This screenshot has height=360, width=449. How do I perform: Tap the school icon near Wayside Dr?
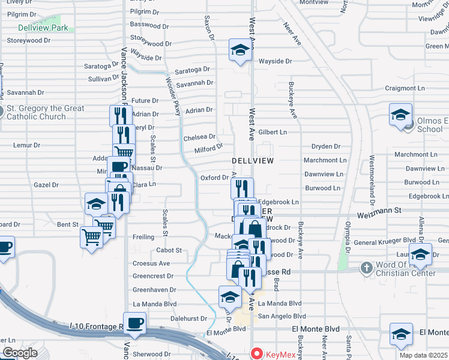[240, 50]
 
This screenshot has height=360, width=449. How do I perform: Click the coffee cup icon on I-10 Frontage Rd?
[134, 323]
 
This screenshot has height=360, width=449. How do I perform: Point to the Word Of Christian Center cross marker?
[366, 268]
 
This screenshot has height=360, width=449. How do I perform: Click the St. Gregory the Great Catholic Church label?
[45, 112]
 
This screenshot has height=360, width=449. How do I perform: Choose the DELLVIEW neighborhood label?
[253, 161]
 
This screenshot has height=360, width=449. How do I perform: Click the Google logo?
[20, 353]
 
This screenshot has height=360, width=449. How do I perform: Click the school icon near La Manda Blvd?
[230, 296]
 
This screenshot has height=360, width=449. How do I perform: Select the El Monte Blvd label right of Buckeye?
[316, 329]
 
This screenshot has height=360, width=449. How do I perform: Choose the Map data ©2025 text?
[424, 355]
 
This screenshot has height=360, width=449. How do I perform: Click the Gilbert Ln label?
[273, 132]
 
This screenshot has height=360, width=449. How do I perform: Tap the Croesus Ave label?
[152, 263]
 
